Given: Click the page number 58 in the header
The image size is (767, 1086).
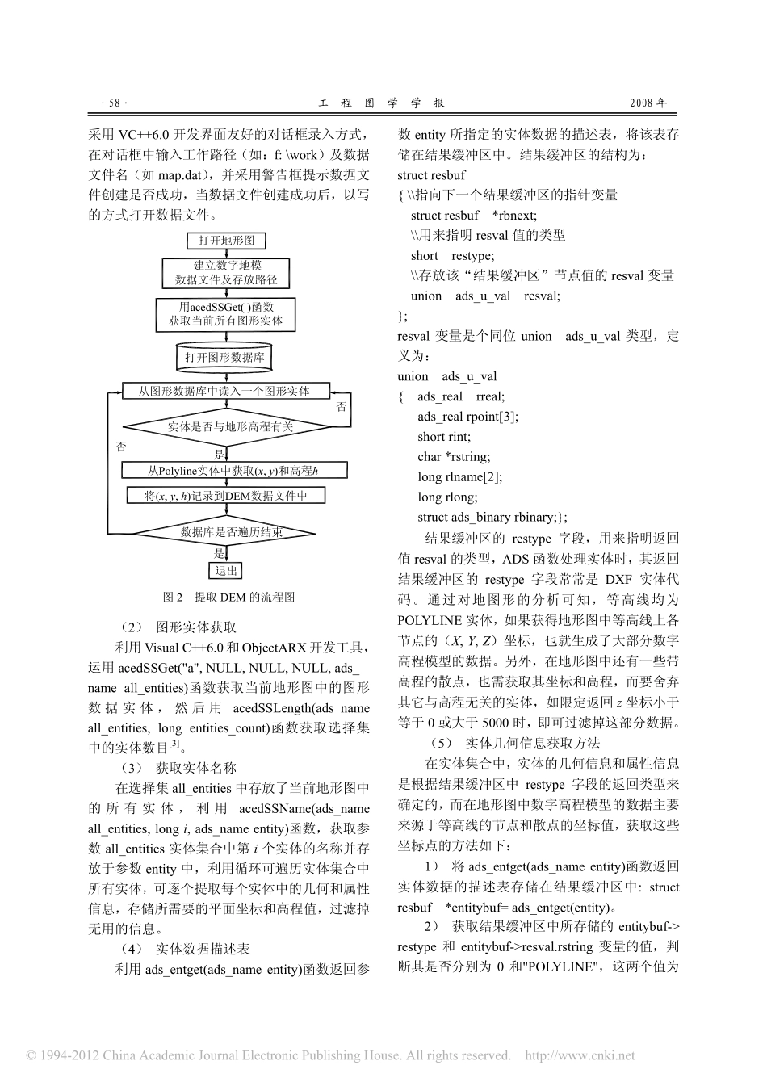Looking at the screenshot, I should pyautogui.click(x=114, y=103).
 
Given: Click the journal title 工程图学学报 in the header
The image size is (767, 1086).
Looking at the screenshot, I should pyautogui.click(x=383, y=103).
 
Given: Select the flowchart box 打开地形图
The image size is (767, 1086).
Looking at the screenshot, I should pyautogui.click(x=226, y=241).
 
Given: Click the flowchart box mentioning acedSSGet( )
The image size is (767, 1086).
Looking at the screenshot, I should pyautogui.click(x=226, y=314).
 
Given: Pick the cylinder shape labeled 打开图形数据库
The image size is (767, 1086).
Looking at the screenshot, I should pyautogui.click(x=225, y=357).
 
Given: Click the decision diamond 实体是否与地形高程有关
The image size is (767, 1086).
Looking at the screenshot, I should pyautogui.click(x=230, y=427).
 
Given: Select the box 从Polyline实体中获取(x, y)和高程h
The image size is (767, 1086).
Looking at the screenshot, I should pyautogui.click(x=235, y=471).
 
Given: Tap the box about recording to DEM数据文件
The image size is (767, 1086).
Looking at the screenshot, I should pyautogui.click(x=226, y=496).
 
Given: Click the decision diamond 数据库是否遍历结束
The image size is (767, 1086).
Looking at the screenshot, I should pyautogui.click(x=231, y=532).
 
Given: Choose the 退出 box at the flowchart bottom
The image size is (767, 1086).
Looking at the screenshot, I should pyautogui.click(x=226, y=571).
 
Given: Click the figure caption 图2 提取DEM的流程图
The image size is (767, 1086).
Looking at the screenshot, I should pyautogui.click(x=229, y=598).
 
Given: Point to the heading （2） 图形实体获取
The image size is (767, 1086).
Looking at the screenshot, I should pyautogui.click(x=178, y=627).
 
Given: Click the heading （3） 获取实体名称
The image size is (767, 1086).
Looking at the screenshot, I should pyautogui.click(x=178, y=768).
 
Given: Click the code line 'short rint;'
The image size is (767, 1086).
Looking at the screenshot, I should pyautogui.click(x=444, y=437).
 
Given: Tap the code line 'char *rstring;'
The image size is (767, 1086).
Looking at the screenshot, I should pyautogui.click(x=453, y=457).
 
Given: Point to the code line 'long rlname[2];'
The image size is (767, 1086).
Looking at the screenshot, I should pyautogui.click(x=459, y=477).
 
